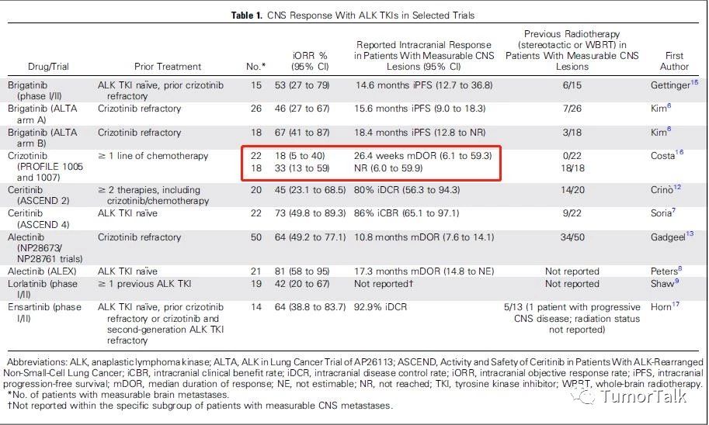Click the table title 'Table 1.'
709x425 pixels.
pyautogui.click(x=246, y=16)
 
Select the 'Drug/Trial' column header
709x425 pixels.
pyautogui.click(x=48, y=67)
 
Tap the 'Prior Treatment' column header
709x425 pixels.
pyautogui.click(x=168, y=67)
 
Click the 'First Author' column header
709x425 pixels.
pyautogui.click(x=674, y=61)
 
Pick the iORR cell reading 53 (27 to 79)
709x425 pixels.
pyautogui.click(x=302, y=85)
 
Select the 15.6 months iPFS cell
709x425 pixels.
pyautogui.click(x=421, y=109)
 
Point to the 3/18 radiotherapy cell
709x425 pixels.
pyautogui.click(x=572, y=133)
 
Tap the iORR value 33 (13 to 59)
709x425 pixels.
pyautogui.click(x=302, y=168)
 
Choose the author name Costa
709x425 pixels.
pyautogui.click(x=663, y=156)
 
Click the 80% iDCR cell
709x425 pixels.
pyautogui.click(x=407, y=190)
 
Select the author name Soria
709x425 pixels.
pyautogui.click(x=661, y=213)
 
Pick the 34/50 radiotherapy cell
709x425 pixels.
pyautogui.click(x=572, y=237)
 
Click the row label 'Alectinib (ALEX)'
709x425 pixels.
pyautogui.click(x=42, y=271)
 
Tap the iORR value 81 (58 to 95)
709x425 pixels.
pyautogui.click(x=302, y=271)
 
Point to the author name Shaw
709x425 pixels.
pyautogui.click(x=662, y=284)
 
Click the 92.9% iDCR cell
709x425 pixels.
pyautogui.click(x=381, y=307)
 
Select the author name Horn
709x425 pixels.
pyautogui.click(x=661, y=307)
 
